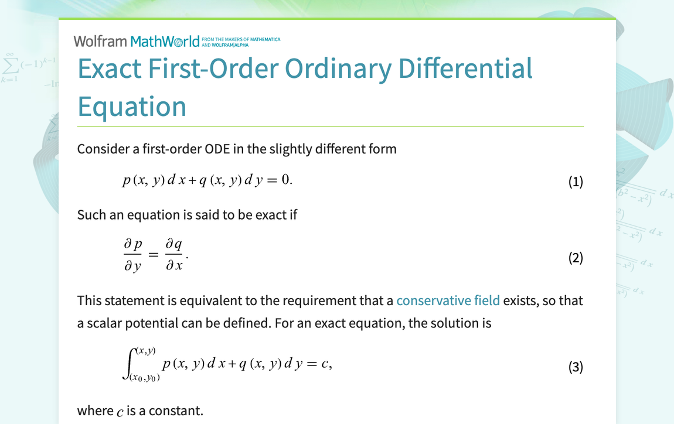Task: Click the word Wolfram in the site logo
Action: click(x=100, y=41)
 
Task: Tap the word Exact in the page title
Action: click(x=110, y=69)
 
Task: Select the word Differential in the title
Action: click(x=465, y=69)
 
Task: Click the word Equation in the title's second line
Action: click(x=132, y=107)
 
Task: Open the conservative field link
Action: click(x=448, y=300)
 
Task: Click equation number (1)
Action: click(x=576, y=182)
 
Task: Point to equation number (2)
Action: click(x=576, y=257)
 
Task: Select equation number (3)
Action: click(x=576, y=367)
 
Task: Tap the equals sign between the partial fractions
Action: click(x=153, y=255)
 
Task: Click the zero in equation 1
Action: click(x=285, y=180)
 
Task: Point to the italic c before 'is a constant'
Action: click(x=120, y=412)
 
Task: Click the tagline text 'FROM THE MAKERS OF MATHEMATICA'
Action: click(x=241, y=39)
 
